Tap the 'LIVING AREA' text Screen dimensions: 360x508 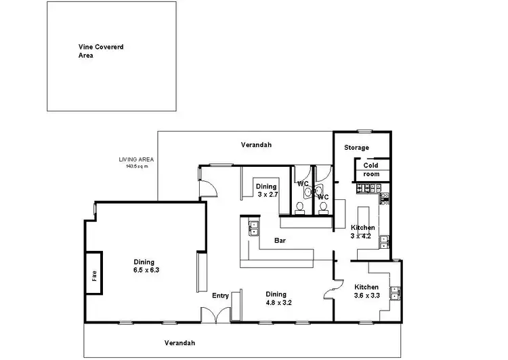(132, 161)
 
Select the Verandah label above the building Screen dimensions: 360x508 (256, 145)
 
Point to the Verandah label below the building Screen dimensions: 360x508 (179, 342)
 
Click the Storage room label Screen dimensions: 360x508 (356, 147)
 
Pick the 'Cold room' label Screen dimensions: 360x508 (371, 169)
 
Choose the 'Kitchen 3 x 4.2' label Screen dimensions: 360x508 (362, 232)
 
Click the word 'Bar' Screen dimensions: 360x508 (279, 241)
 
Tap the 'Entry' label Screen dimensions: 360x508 (220, 296)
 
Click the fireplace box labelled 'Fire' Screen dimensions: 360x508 (93, 273)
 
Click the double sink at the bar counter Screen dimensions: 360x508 (254, 227)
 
